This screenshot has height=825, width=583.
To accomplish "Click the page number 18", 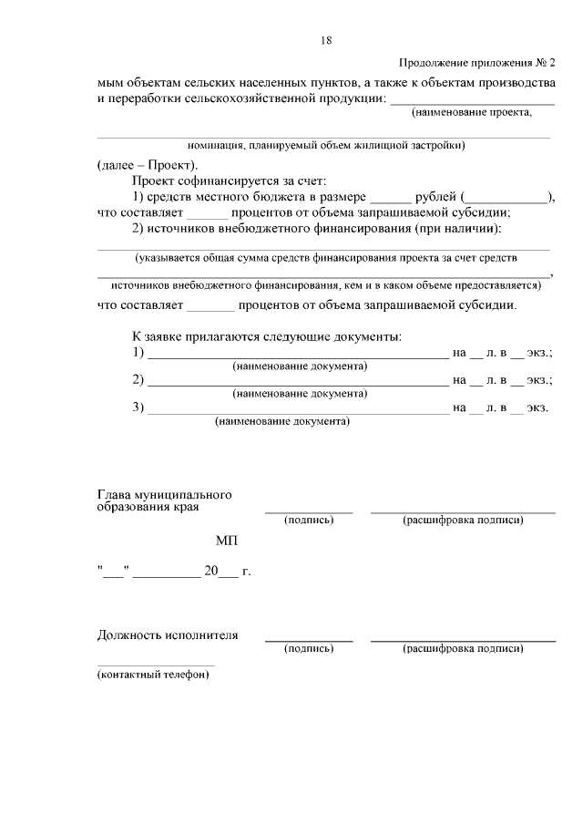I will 326,39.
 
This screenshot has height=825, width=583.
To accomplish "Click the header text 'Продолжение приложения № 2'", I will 476,63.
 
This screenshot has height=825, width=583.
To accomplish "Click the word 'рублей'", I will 435,197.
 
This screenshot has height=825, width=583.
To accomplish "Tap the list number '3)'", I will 138,407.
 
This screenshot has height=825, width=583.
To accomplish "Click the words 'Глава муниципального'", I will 164,494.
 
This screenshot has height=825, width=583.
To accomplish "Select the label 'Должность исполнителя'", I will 168,635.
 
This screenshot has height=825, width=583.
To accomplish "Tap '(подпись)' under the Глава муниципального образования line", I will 309,520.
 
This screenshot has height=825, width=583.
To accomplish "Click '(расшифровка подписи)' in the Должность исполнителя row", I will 463,648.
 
